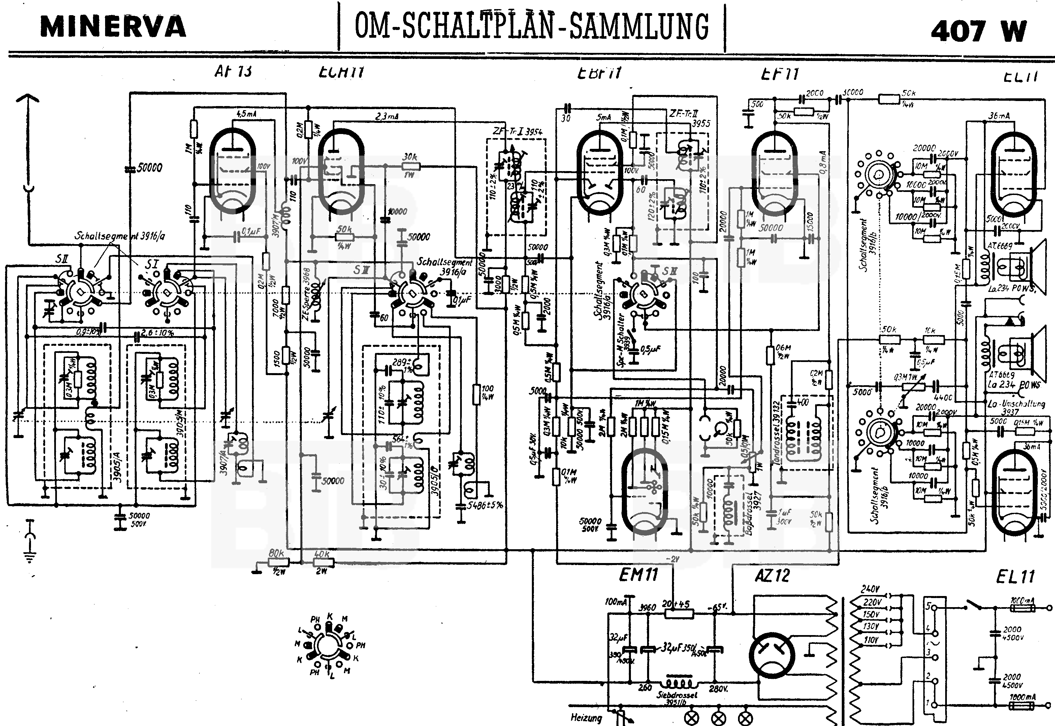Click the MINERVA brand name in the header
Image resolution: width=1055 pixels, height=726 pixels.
click(x=113, y=27)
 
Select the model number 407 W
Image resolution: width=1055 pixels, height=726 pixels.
click(x=978, y=31)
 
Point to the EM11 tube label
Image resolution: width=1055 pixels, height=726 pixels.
click(x=638, y=575)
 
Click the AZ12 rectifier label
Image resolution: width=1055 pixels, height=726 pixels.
click(x=772, y=576)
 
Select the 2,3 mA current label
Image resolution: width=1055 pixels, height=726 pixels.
click(x=387, y=117)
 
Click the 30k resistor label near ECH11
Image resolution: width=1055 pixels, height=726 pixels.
click(x=410, y=157)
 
